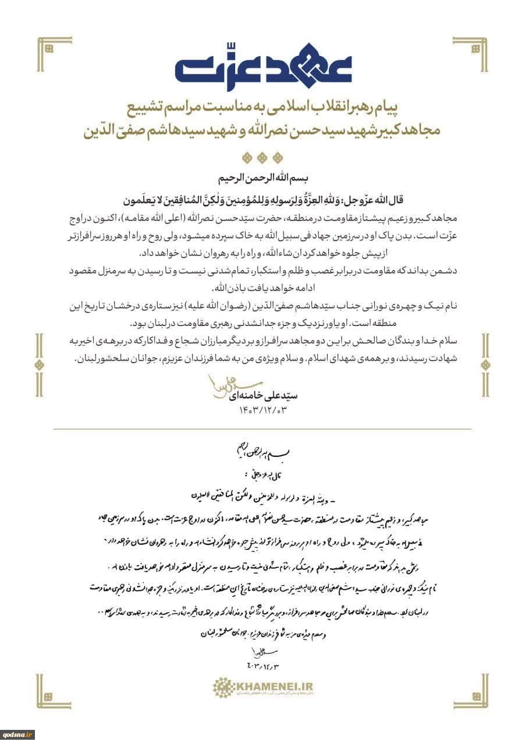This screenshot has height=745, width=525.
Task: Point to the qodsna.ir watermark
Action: tap(17, 735)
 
